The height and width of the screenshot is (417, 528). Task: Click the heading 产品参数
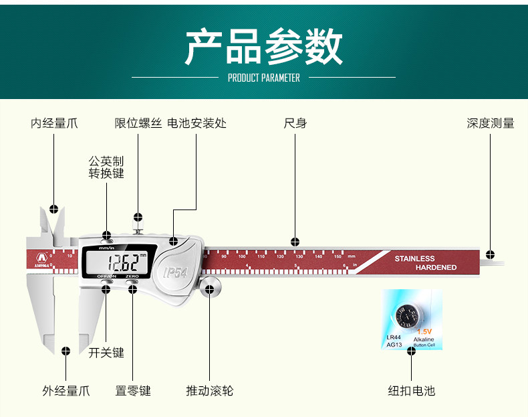[x=263, y=46]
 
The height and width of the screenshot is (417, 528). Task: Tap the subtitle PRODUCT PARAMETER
[x=263, y=78]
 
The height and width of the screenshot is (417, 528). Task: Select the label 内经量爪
[x=54, y=123]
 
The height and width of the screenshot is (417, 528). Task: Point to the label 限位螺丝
[x=138, y=123]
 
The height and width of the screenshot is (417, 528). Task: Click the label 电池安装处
[x=196, y=123]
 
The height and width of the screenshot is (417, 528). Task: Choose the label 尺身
[x=295, y=123]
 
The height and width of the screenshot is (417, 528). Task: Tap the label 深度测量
[x=491, y=123]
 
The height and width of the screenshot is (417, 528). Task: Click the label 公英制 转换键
[x=106, y=167]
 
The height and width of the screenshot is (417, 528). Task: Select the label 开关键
[x=106, y=353]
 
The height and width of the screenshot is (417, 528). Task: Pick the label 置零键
[x=133, y=390]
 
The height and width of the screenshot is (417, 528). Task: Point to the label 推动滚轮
[x=209, y=390]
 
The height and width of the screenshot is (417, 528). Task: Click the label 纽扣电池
[x=412, y=390]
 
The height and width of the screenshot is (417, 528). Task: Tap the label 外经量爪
[x=66, y=390]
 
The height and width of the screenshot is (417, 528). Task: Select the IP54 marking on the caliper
[x=176, y=272]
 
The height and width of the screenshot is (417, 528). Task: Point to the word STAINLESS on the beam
[x=414, y=258]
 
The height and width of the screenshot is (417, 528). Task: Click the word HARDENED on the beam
[x=436, y=268]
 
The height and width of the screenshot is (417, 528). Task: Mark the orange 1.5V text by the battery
[x=424, y=331]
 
